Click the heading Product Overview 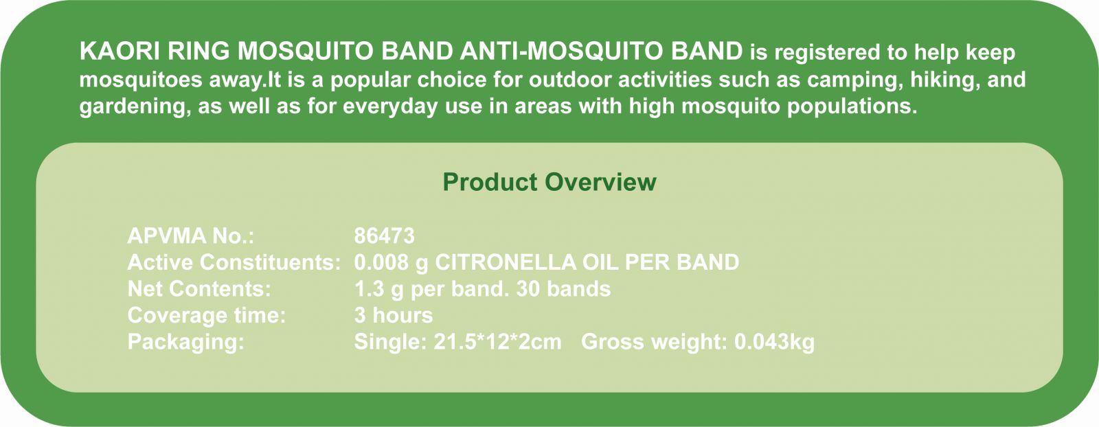pos(549,183)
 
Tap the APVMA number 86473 pos(384,235)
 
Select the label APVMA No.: pos(191,235)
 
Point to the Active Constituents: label pos(234,262)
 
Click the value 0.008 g pos(391,263)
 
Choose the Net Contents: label pos(199,289)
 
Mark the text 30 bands pos(563,289)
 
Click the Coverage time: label pos(207,315)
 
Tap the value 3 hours pos(394,315)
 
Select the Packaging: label pos(186,342)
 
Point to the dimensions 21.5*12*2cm pos(497,342)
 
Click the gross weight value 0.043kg pos(774,342)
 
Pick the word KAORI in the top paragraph pos(120,51)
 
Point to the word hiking pos(942,80)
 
